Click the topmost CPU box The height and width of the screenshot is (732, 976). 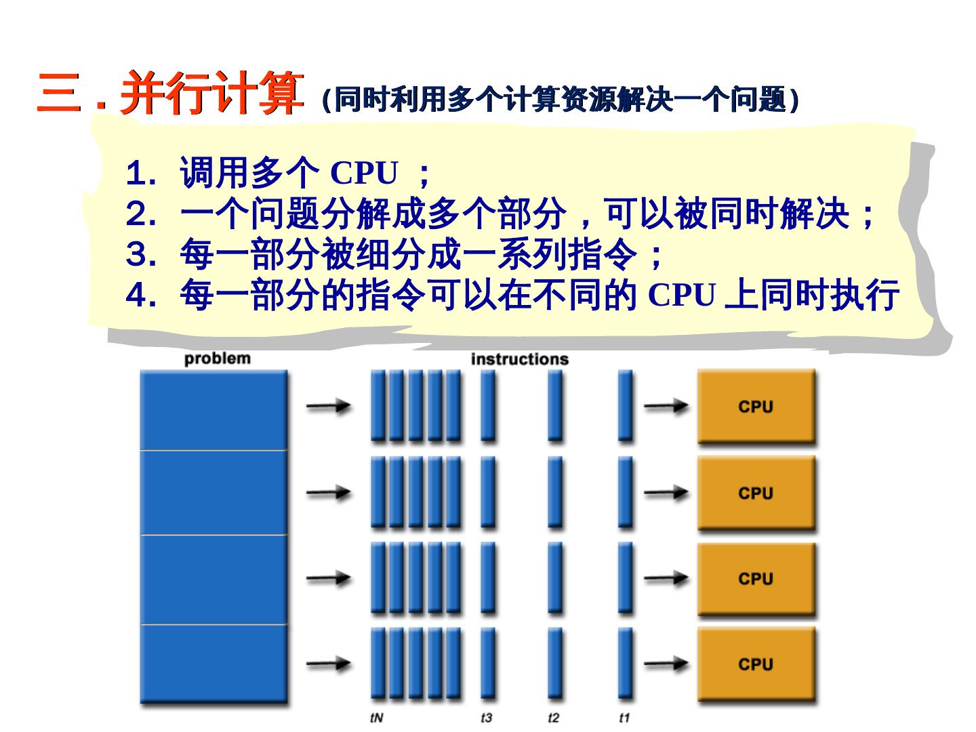(x=756, y=406)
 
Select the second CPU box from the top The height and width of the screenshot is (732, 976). (x=756, y=493)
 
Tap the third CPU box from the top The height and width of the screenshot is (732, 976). (x=756, y=579)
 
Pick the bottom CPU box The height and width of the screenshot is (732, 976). (x=756, y=664)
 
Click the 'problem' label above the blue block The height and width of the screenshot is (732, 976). (x=217, y=359)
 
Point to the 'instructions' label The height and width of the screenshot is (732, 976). (x=519, y=359)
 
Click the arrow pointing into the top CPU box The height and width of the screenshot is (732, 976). (x=666, y=407)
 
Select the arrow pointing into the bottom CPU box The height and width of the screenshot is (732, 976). (x=666, y=664)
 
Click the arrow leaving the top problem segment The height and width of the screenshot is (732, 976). (x=328, y=407)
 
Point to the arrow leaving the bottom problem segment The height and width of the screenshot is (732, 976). (x=328, y=664)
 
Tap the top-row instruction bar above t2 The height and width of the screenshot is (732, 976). (x=555, y=405)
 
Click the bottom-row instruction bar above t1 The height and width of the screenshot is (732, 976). (x=626, y=663)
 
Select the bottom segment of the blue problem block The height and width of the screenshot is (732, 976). (x=213, y=664)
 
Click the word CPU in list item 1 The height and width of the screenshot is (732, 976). (x=363, y=174)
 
